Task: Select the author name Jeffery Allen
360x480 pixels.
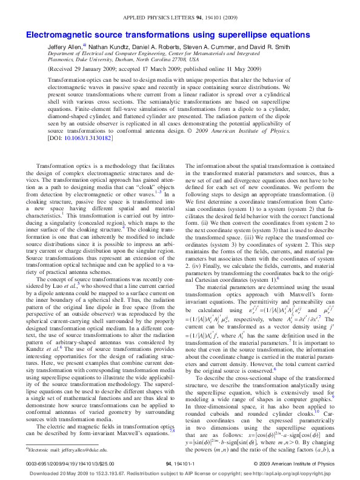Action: (65, 46)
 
